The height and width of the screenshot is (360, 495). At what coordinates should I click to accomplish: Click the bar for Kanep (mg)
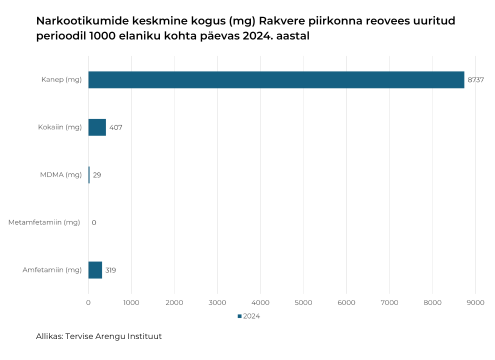pos(276,80)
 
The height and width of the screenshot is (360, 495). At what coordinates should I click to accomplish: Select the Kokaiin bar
pos(97,127)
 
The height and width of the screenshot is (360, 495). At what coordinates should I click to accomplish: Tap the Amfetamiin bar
pos(95,270)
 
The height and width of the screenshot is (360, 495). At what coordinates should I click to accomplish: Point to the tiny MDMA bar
pos(89,175)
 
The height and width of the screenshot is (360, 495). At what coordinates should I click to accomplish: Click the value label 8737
pos(475,80)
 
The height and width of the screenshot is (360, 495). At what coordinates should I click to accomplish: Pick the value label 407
pos(115,127)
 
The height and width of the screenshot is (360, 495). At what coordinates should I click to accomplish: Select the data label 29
pos(97,175)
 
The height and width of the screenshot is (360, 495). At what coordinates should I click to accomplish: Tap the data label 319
pos(110,270)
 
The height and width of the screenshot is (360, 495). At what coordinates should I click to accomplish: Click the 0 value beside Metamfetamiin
pos(94,222)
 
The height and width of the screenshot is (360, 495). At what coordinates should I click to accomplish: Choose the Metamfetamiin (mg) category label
pos(44,222)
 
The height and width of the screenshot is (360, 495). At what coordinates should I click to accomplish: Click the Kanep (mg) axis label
pos(61,80)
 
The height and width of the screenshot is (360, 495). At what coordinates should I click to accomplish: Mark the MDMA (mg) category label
pos(60,175)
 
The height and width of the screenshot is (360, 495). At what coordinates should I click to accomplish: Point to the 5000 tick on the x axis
pos(303,302)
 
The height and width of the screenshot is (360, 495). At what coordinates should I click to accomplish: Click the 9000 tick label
pos(475,302)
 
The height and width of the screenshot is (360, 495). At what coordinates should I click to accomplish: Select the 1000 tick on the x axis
pos(131,302)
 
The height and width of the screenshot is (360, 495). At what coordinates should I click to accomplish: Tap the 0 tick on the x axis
pos(88,302)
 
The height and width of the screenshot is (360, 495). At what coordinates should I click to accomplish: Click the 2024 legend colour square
pos(239,316)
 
